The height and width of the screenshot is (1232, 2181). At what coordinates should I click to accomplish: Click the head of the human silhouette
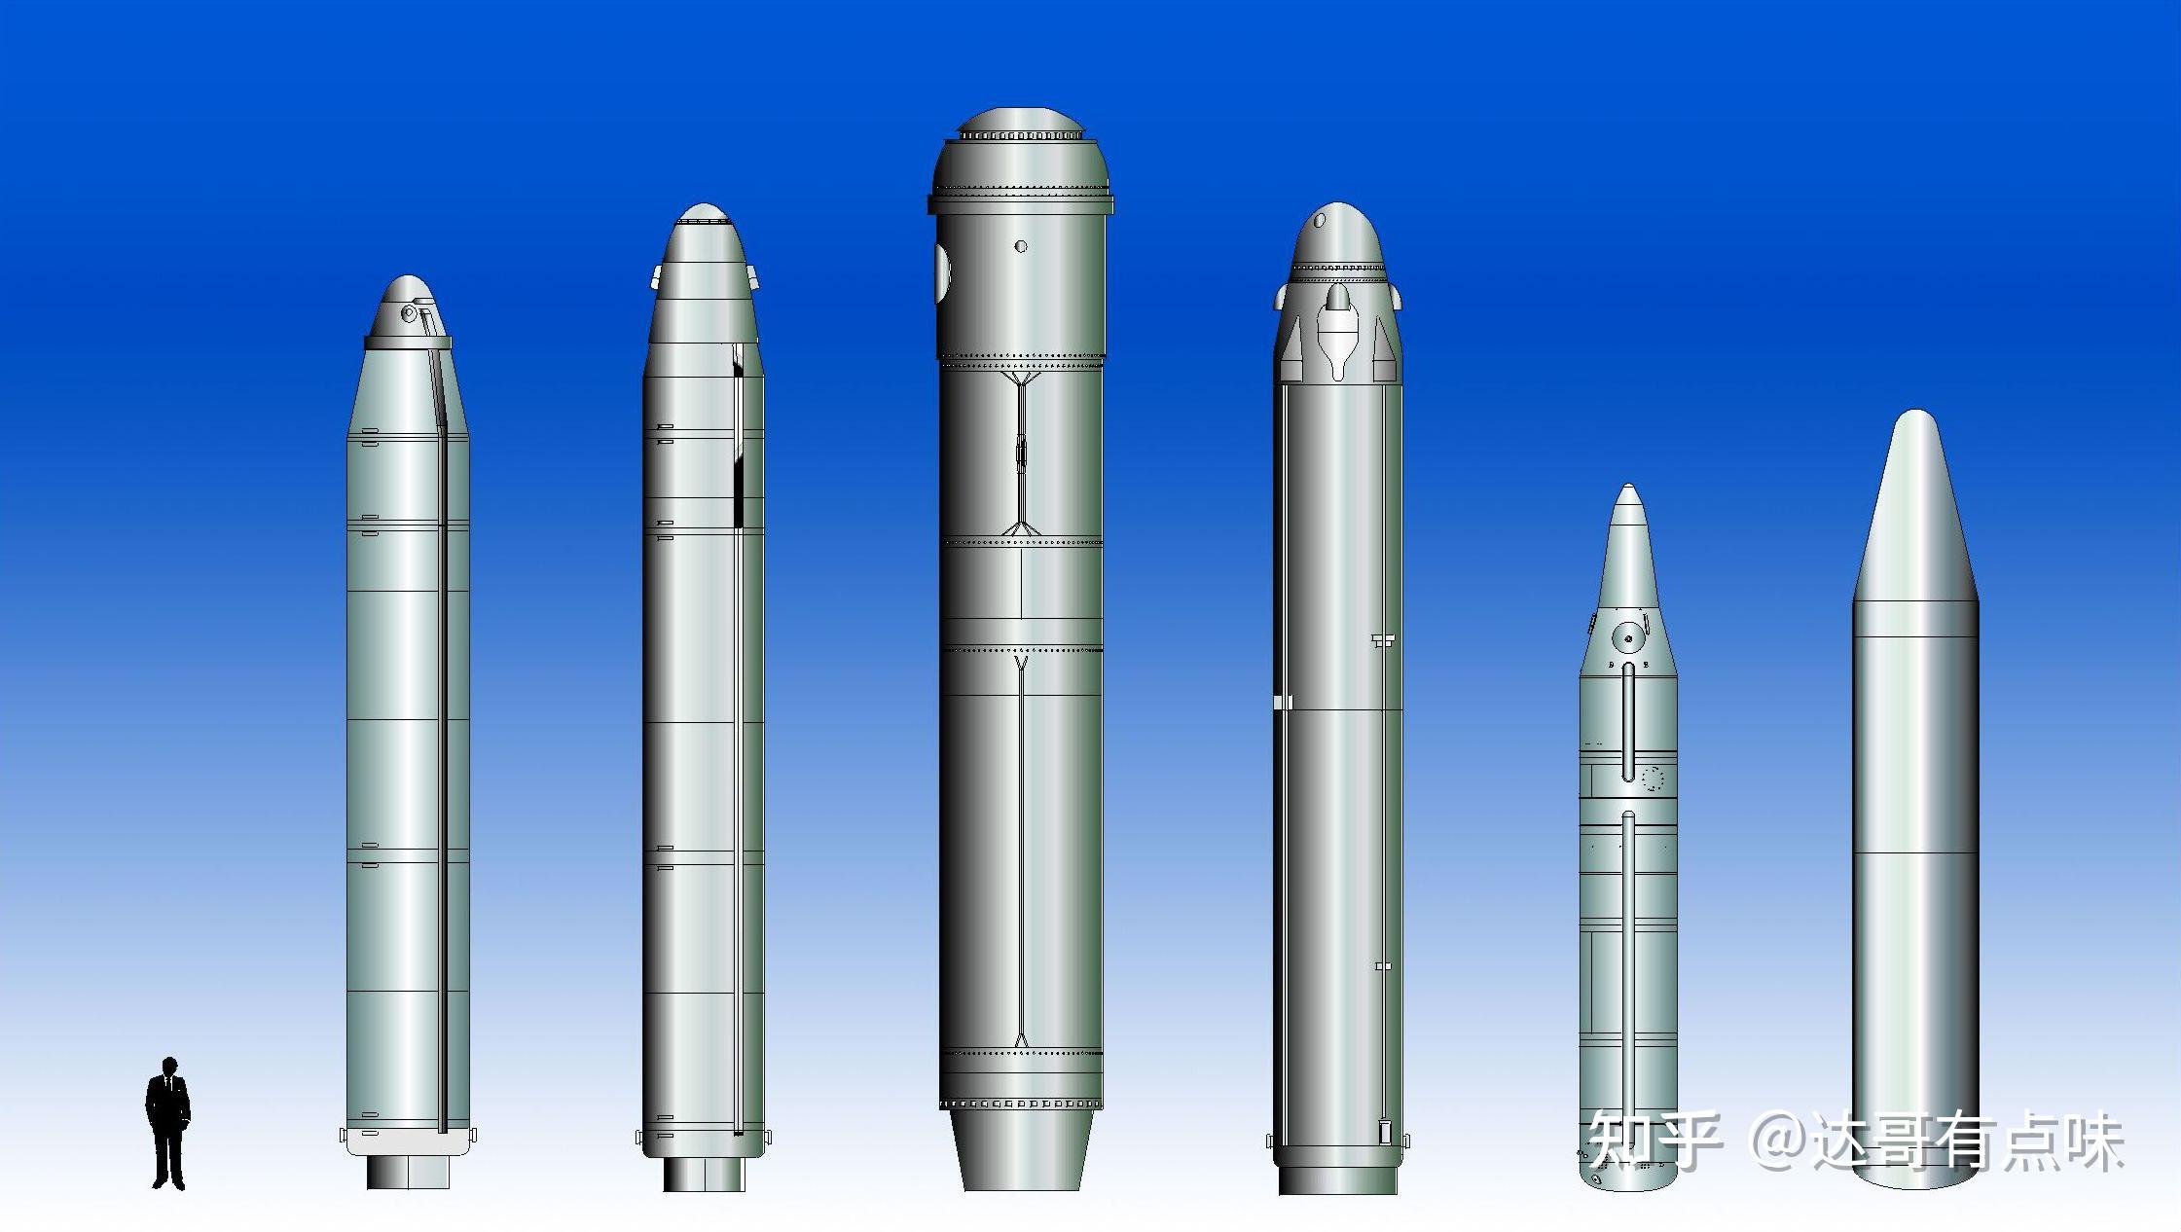(169, 1067)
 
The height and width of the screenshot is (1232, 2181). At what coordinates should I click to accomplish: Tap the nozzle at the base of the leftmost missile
(408, 1172)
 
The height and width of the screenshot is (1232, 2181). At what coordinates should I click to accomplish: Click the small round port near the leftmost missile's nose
(409, 313)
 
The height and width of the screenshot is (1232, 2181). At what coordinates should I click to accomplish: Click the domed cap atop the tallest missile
(1020, 122)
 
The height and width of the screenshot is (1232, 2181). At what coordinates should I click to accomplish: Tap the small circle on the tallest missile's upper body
(1020, 246)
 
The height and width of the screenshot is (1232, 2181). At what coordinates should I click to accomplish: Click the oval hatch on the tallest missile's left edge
(941, 272)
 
